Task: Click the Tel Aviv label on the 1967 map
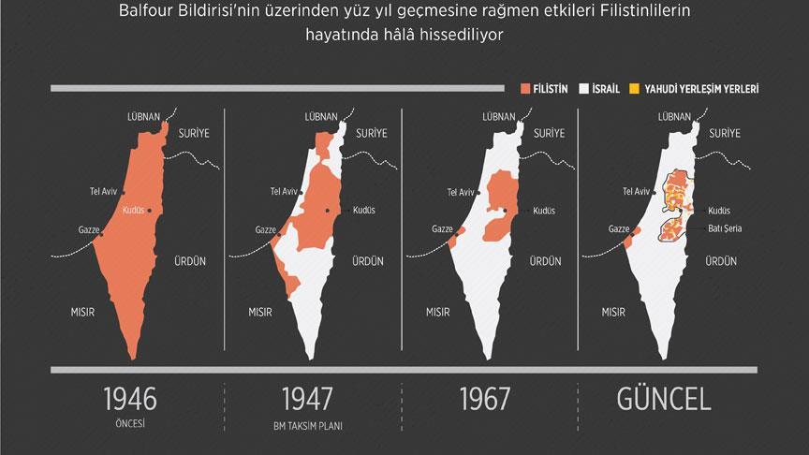pyautogui.click(x=460, y=192)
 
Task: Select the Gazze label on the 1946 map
pyautogui.click(x=91, y=228)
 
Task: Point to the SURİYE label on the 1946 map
pyautogui.click(x=196, y=133)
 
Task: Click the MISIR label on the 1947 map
pyautogui.click(x=260, y=311)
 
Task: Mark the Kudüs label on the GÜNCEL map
pyautogui.click(x=719, y=211)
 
